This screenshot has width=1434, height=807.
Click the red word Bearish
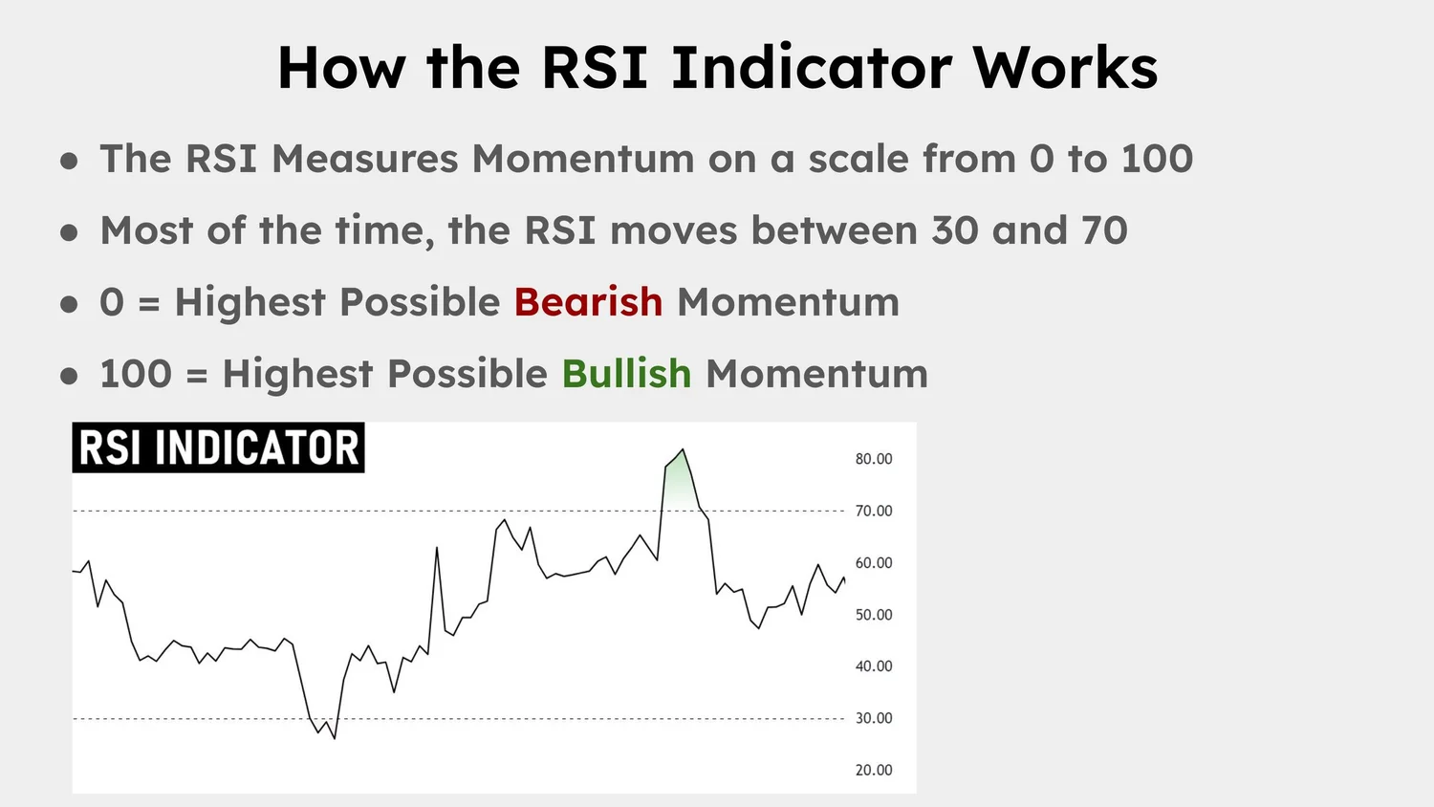click(x=588, y=302)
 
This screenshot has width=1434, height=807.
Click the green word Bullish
click(x=626, y=374)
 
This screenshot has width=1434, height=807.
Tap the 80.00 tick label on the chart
click(x=873, y=459)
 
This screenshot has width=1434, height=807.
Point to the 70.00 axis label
click(x=873, y=512)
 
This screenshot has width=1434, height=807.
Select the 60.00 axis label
click(x=873, y=563)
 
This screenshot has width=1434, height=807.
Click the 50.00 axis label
click(x=873, y=615)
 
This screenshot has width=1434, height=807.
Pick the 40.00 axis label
click(x=873, y=666)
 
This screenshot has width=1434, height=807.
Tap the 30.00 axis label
click(x=873, y=718)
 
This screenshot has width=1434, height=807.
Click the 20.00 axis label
click(x=873, y=770)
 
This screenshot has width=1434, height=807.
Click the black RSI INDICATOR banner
click(x=218, y=447)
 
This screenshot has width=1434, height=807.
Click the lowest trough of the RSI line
click(x=334, y=736)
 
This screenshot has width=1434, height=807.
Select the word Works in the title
click(x=1064, y=68)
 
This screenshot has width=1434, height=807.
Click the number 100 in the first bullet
click(x=1157, y=159)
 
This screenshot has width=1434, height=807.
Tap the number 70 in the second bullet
click(x=1104, y=230)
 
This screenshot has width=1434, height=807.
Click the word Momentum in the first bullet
click(x=583, y=159)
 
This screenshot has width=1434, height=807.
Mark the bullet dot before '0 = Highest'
click(x=69, y=304)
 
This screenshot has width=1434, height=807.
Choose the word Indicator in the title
click(x=811, y=68)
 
